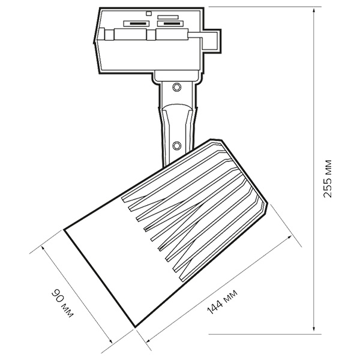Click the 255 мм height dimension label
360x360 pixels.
click(327, 178)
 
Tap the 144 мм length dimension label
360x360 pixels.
click(222, 302)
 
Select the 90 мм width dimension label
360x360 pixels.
click(62, 304)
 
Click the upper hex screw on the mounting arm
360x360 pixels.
click(176, 87)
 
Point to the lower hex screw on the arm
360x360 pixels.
click(176, 145)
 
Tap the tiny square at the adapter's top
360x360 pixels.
click(149, 13)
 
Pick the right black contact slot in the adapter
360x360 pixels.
click(171, 23)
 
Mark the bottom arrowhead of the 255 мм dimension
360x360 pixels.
click(314, 329)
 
